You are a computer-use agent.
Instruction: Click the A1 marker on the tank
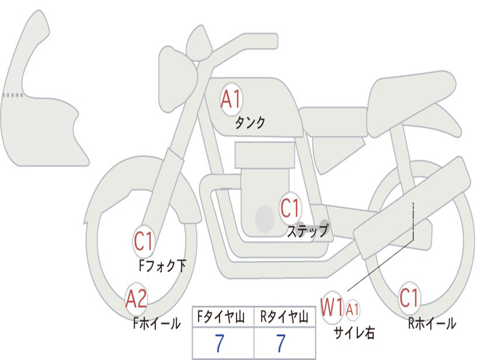tap(231, 99)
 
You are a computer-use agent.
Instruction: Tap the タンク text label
tap(250, 123)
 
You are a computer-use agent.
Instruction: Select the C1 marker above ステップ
tap(290, 208)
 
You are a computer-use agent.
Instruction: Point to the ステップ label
tap(307, 231)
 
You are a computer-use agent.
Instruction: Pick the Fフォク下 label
tap(163, 266)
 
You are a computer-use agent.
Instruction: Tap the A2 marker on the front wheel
tap(136, 299)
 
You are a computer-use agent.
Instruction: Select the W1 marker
tap(332, 308)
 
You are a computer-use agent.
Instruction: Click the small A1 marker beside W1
tap(353, 309)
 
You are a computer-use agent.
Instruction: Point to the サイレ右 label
tap(354, 332)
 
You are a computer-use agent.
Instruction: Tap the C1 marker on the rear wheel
tap(409, 298)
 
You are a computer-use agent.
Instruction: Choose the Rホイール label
tap(432, 323)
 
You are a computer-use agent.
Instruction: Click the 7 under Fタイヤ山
tap(219, 344)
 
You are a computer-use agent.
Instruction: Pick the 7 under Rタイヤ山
tap(281, 344)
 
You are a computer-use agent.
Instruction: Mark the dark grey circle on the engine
tap(265, 218)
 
